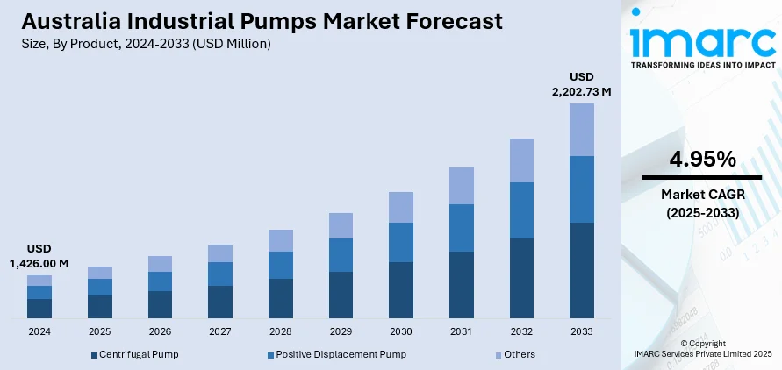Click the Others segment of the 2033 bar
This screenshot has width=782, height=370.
(581, 130)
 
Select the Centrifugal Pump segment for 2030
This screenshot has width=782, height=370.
(401, 289)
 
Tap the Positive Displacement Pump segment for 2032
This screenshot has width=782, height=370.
(521, 210)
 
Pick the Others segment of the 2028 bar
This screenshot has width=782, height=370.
(281, 240)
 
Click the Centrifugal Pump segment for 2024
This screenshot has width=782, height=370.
(39, 308)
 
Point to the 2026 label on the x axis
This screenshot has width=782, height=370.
(160, 332)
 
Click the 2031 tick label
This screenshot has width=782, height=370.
(461, 332)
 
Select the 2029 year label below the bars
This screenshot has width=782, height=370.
(341, 332)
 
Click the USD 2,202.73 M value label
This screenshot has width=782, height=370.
(581, 83)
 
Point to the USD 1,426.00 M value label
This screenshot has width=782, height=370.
(39, 256)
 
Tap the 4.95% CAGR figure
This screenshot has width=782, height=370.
(702, 159)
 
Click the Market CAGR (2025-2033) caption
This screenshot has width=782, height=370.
(702, 203)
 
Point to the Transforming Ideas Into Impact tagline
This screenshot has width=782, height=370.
(702, 65)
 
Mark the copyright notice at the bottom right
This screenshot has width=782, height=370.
(702, 348)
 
